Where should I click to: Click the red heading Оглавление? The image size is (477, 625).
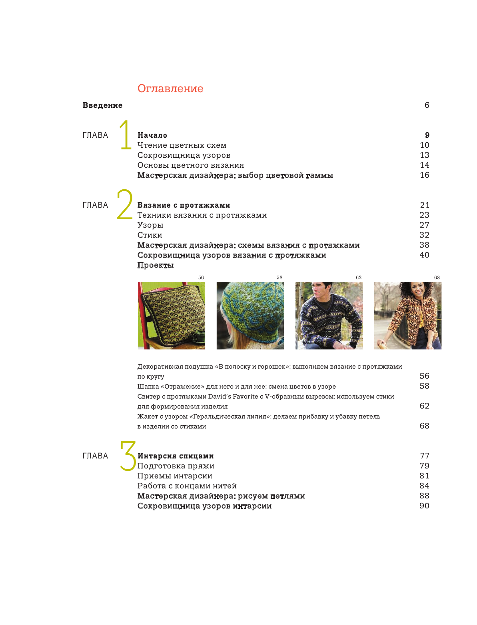(170, 89)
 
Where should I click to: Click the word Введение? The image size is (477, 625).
(102, 105)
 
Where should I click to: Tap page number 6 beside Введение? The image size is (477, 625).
(427, 105)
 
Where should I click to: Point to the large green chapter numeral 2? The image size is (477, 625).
(125, 204)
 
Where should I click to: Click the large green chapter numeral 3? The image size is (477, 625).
(128, 456)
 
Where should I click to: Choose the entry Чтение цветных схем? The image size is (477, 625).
(182, 145)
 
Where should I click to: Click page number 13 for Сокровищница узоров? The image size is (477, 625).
(424, 155)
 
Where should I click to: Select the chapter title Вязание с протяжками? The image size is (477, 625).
(184, 205)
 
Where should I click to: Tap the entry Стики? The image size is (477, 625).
(150, 235)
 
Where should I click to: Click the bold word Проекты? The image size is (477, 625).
(156, 265)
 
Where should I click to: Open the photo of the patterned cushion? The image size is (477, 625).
(172, 315)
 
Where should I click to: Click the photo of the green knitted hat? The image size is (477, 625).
(250, 315)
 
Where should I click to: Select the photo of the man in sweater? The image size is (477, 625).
(329, 315)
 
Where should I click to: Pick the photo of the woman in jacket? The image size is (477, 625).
(407, 315)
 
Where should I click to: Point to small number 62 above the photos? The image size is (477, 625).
(358, 278)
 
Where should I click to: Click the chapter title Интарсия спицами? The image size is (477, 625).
(176, 456)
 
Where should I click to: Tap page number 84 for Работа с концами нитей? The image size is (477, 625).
(424, 486)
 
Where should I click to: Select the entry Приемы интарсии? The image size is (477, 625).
(175, 476)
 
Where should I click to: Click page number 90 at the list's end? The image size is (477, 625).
(424, 506)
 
